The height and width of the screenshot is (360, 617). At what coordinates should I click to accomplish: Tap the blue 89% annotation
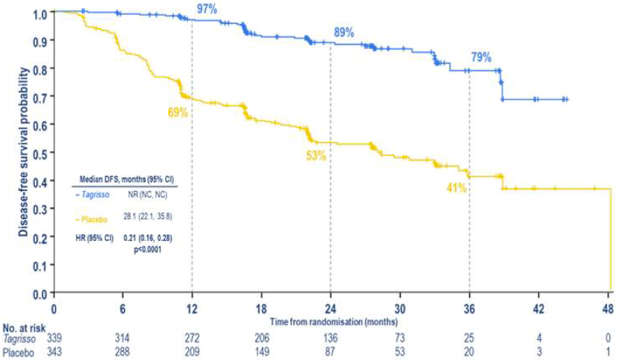point(344,33)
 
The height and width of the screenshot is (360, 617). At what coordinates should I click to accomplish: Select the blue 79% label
point(481,57)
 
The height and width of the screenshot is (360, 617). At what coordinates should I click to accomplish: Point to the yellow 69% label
point(178,112)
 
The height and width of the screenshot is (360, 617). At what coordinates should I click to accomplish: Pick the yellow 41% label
point(456,188)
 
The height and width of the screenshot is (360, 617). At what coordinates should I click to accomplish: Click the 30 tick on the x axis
point(400,309)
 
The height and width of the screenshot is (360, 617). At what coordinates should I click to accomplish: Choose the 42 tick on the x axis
point(539,309)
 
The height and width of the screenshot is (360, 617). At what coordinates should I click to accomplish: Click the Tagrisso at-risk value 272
point(192,337)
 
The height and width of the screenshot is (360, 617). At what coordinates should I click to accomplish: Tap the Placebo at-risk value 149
point(261,350)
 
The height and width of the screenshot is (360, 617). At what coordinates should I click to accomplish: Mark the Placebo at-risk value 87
point(331,350)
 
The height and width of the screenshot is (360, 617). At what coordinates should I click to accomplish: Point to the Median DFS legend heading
point(123,180)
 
